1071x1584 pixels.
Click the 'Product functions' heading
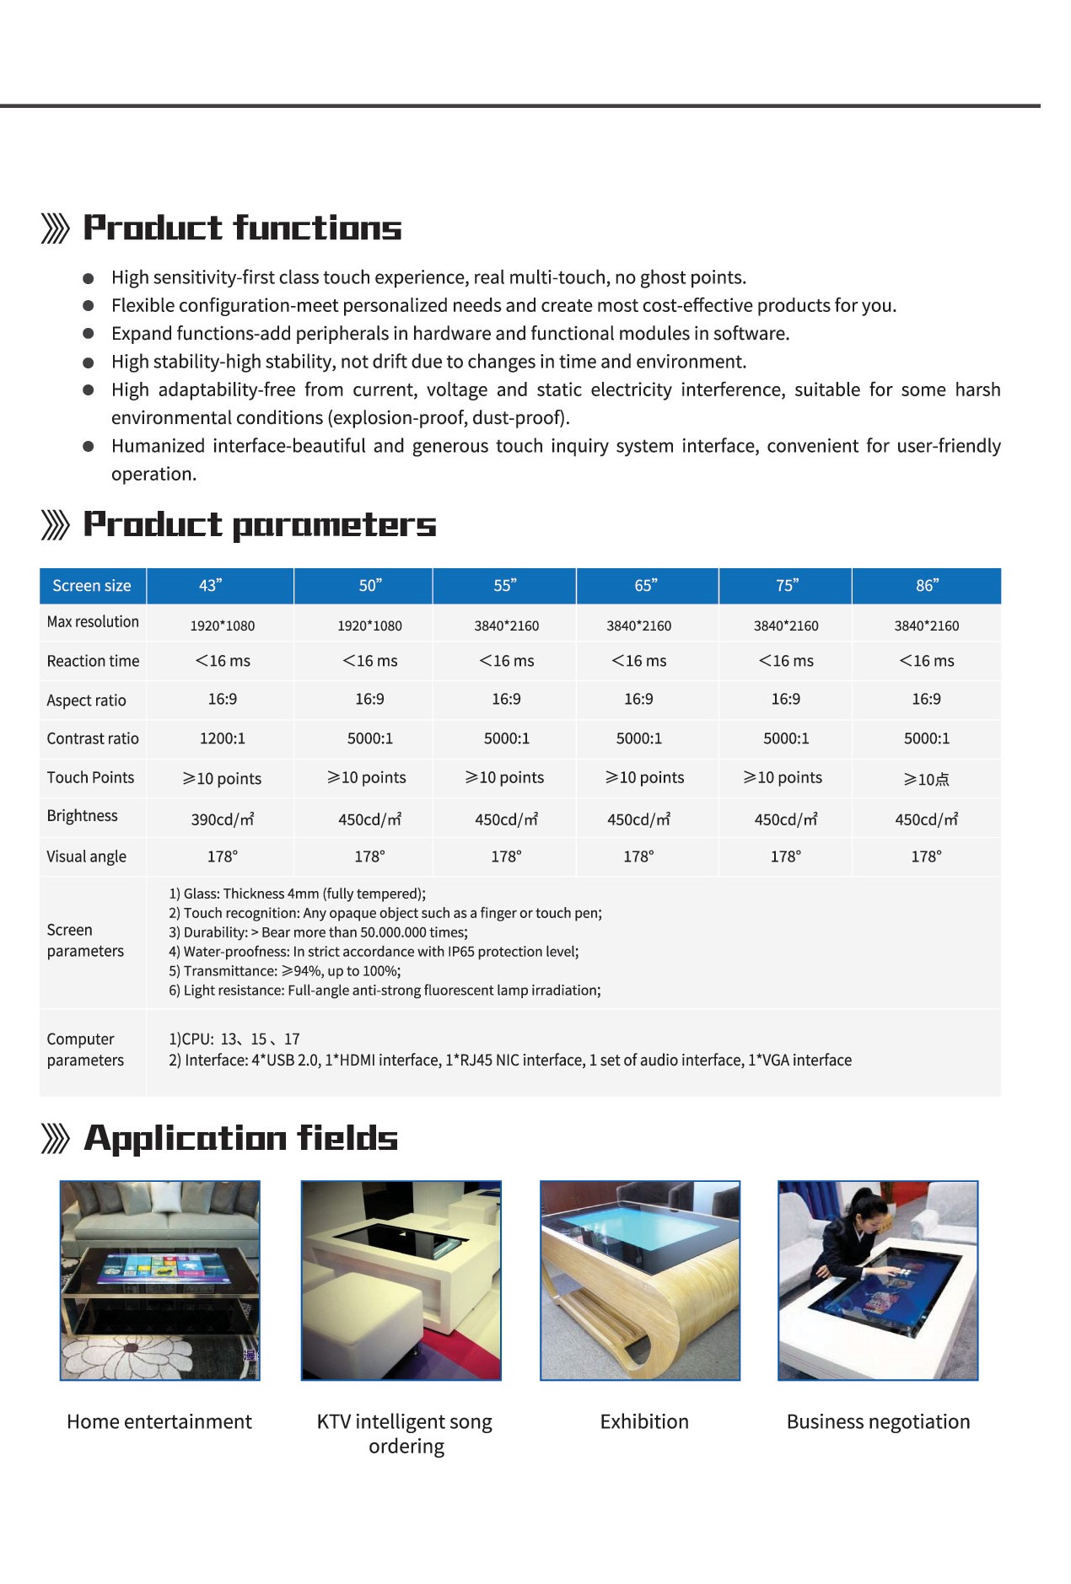pos(242,228)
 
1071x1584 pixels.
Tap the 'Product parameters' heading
pos(260,524)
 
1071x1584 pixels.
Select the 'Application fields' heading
pos(240,1138)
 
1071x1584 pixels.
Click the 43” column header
pos(211,586)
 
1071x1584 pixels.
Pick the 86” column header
pos(927,586)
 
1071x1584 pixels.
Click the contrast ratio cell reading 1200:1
pos(223,738)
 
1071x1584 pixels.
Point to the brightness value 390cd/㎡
pos(223,819)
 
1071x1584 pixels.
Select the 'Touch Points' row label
pos(90,777)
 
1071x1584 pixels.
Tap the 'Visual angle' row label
pos(86,856)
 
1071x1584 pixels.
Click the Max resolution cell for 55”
pos(506,626)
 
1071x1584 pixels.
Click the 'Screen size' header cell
pos(92,586)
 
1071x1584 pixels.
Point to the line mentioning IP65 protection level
pos(374,952)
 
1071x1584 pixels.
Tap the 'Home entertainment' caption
pos(159,1422)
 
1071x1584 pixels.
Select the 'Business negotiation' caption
pos(878,1422)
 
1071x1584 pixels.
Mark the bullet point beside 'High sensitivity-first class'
pos(89,278)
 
